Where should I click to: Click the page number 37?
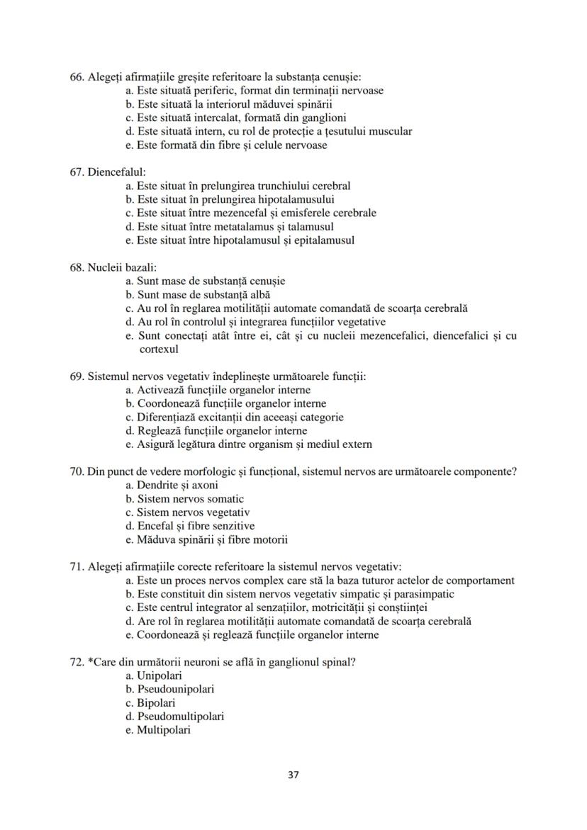(293, 775)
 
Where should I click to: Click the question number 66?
(77, 77)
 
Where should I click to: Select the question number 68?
(77, 268)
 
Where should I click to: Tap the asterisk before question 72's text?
(90, 662)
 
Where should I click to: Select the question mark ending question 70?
(513, 472)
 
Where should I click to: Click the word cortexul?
(159, 349)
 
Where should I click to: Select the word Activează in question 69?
(160, 390)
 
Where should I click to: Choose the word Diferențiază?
(167, 417)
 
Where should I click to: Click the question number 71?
(77, 567)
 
